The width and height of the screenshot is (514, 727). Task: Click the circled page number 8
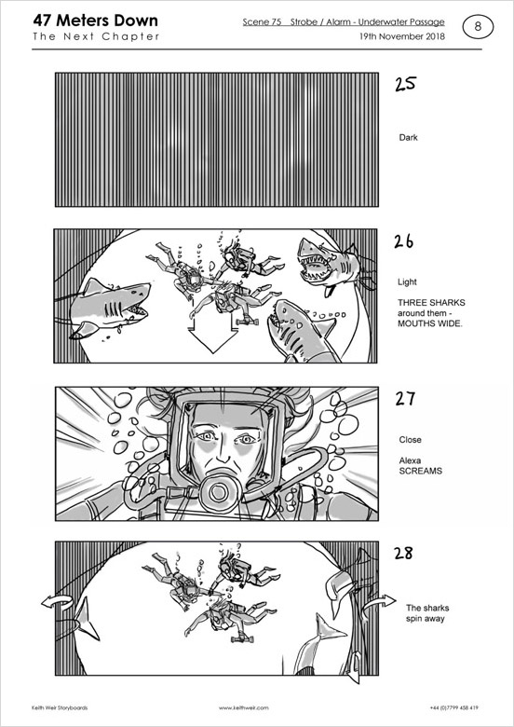pos(478,27)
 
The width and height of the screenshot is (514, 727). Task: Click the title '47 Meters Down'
pos(95,21)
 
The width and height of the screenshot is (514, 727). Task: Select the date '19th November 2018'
pos(402,36)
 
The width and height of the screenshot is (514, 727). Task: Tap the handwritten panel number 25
pos(406,84)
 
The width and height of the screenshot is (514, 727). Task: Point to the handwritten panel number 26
pos(404,241)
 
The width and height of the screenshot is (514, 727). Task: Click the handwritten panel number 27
pos(405,399)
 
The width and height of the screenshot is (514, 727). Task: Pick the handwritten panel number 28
pos(403,553)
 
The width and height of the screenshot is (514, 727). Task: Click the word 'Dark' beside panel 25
pos(408,138)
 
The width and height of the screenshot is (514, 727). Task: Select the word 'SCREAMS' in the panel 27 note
pos(421,471)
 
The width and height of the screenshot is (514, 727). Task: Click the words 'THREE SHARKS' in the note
pos(431,303)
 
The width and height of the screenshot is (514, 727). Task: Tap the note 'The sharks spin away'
pos(427,613)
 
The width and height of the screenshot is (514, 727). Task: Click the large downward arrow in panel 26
pos(213,336)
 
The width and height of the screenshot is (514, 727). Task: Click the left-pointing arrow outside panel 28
pos(57,602)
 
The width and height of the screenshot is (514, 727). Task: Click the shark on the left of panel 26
pos(110,306)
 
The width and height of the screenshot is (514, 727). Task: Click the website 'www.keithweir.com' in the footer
pos(244,708)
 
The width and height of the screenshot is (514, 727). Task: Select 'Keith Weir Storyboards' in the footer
pos(60,708)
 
